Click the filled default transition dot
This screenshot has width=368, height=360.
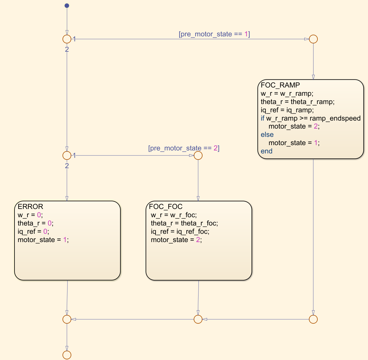point(67,6)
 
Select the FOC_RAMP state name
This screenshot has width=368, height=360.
point(280,85)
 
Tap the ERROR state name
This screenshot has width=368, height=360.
point(30,207)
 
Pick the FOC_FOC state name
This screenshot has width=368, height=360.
point(166,207)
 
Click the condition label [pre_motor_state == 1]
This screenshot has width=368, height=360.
point(214,34)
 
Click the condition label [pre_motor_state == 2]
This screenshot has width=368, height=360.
point(184,148)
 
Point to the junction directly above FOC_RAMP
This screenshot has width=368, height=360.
point(313,39)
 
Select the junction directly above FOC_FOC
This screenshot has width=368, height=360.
point(198,155)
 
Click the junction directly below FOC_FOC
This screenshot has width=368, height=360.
point(198,319)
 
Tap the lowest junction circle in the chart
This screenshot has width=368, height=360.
point(67,355)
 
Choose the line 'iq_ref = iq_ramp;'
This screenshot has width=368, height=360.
point(287,110)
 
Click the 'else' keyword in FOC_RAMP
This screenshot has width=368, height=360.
point(267,135)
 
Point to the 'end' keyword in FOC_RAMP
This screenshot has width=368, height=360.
point(267,151)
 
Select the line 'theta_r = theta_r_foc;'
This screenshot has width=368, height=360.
point(184,223)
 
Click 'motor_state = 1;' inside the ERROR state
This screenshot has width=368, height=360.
point(43,240)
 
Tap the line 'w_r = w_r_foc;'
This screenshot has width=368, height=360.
point(174,215)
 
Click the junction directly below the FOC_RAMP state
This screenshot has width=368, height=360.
point(313,319)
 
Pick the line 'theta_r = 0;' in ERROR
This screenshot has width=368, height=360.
point(35,223)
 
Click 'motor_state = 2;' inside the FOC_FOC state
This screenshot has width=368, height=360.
point(176,240)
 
